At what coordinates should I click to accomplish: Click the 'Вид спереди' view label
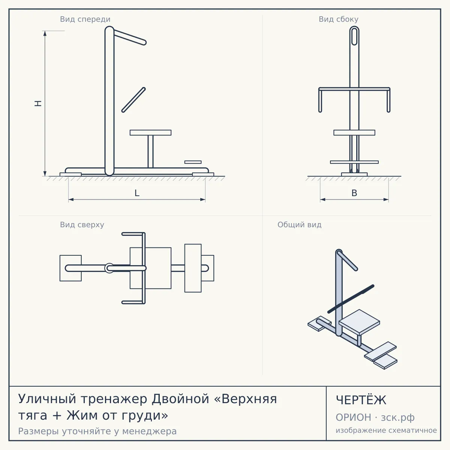tap(85, 19)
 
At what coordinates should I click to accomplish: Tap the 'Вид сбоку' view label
tap(338, 19)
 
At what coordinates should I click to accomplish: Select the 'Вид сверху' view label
tap(82, 225)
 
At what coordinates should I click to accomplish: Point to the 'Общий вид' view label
tap(299, 225)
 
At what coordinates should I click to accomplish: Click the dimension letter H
tap(38, 103)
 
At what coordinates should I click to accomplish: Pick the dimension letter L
tap(137, 193)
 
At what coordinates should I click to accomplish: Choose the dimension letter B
tap(354, 193)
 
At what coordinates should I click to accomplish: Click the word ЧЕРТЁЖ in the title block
tap(361, 400)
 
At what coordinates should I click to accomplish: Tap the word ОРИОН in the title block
tap(353, 417)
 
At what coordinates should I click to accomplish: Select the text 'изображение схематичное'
tap(386, 430)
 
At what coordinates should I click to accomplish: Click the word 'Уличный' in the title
tap(47, 399)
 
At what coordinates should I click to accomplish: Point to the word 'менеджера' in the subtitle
tap(150, 431)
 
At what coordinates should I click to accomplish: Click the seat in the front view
tap(150, 133)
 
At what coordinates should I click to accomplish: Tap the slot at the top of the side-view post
tap(354, 36)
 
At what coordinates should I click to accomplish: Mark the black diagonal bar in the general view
tap(351, 298)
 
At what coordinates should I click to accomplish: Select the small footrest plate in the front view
tap(193, 162)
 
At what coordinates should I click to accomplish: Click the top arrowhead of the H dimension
tap(45, 33)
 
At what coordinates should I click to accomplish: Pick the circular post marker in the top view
tap(109, 268)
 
